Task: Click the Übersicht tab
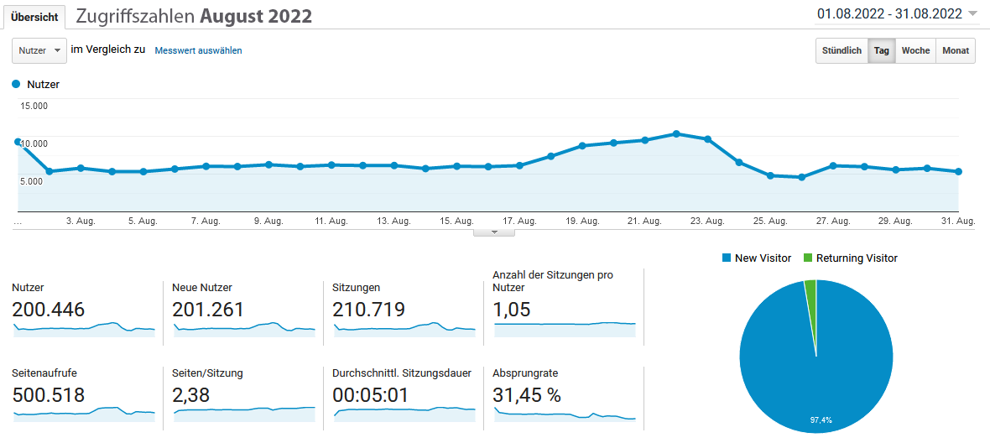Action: [34, 17]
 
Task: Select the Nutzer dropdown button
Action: [39, 50]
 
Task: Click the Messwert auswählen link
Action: [198, 50]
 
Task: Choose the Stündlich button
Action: [841, 50]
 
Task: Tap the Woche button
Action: [915, 50]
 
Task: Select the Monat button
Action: [956, 50]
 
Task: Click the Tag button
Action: [881, 50]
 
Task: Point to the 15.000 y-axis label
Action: [34, 106]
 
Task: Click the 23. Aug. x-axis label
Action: [707, 221]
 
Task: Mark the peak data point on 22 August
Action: [676, 134]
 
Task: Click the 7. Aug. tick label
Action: [206, 221]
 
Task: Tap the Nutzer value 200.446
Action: [49, 310]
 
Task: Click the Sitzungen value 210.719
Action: [368, 310]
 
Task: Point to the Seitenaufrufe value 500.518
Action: [49, 395]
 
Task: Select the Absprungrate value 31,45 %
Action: [527, 395]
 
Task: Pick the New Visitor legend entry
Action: [757, 258]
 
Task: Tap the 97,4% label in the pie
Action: [821, 420]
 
